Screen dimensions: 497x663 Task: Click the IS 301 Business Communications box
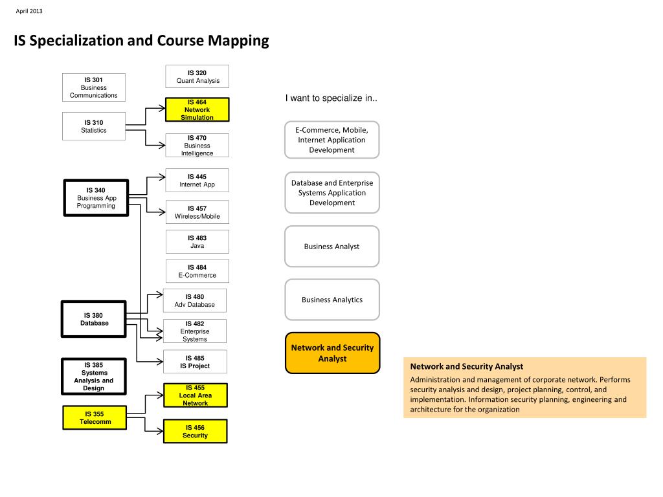[x=94, y=87]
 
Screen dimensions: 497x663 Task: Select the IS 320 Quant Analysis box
[x=197, y=77]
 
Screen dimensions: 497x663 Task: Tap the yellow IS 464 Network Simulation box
[x=197, y=109]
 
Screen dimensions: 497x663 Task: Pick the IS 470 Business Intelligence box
[x=197, y=146]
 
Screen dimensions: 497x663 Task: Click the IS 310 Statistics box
[x=94, y=126]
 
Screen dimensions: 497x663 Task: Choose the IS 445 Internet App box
[x=197, y=181]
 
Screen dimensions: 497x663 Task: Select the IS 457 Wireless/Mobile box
[x=197, y=212]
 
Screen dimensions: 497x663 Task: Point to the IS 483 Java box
[x=197, y=242]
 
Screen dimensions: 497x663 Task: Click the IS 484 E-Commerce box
[x=197, y=271]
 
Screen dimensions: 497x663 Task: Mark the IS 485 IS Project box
[x=195, y=362]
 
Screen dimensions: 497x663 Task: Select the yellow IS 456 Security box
[x=195, y=431]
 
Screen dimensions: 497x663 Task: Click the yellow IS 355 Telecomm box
[x=95, y=417]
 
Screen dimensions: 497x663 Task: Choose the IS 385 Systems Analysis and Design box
[x=94, y=377]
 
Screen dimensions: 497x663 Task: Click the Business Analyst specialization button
[x=332, y=247]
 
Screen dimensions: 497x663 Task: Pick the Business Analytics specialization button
[x=332, y=300]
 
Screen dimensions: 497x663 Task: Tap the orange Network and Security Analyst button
[x=332, y=353]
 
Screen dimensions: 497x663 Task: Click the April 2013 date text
[x=28, y=11]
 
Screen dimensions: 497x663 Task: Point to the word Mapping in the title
[x=238, y=41]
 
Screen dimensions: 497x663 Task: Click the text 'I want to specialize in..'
[x=331, y=98]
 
